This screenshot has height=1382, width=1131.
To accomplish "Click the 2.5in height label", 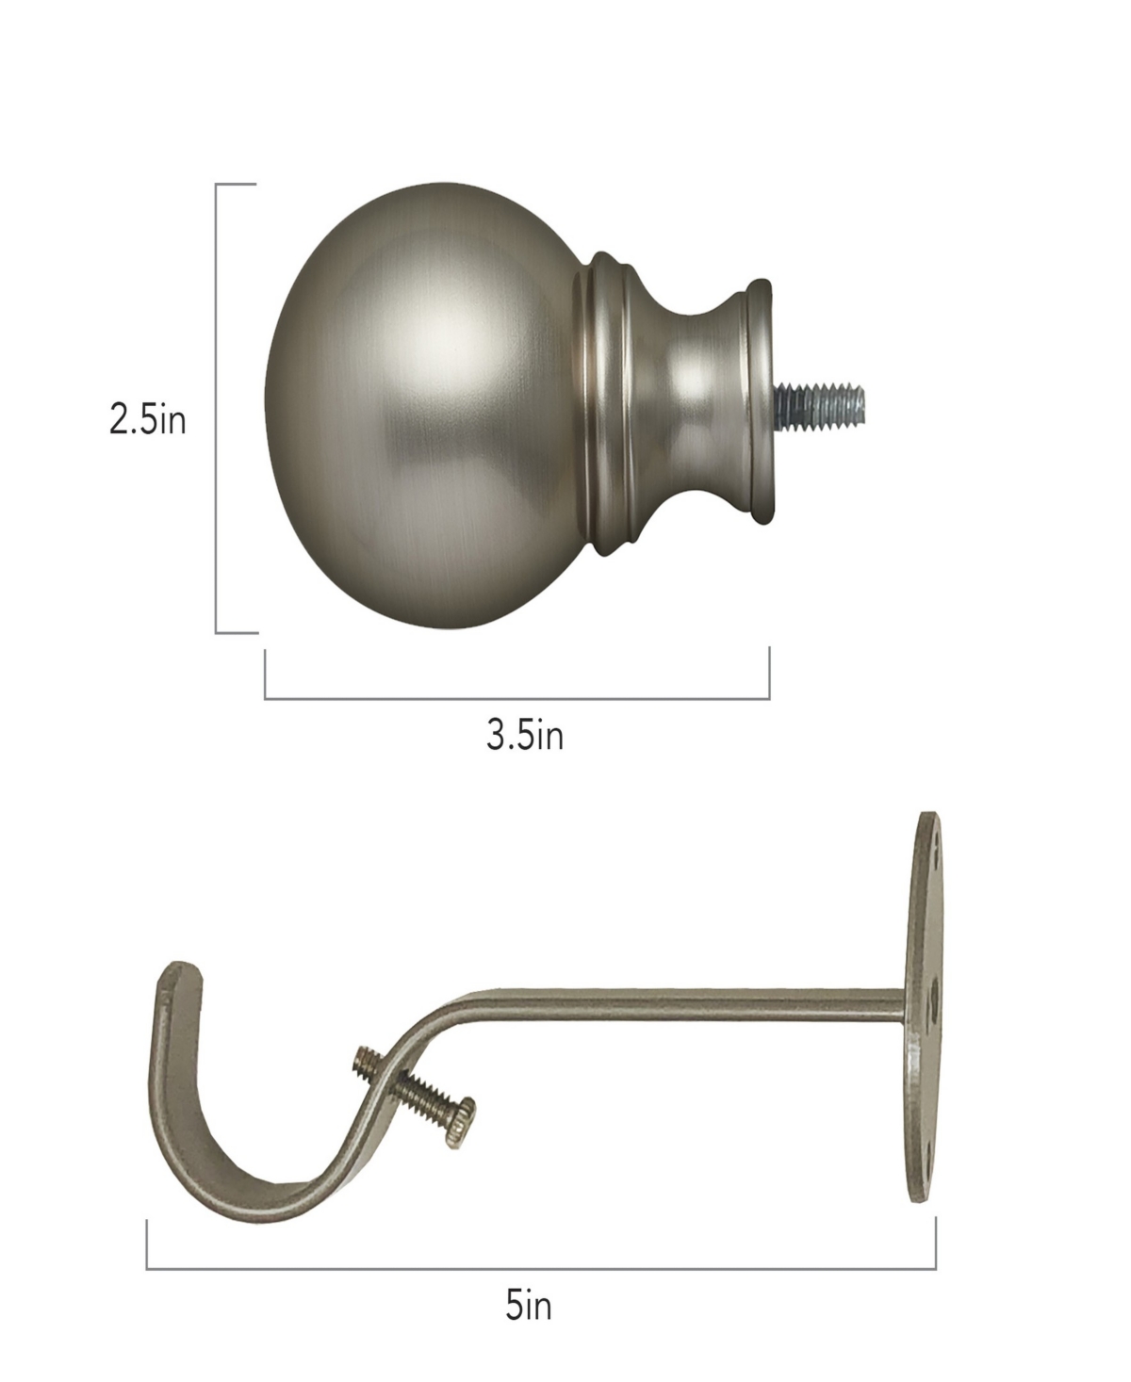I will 148,420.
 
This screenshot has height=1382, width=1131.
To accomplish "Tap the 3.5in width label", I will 525,735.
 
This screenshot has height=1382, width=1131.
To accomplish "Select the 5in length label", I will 528,1307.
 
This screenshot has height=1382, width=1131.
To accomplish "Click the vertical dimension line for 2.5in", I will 218,408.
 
